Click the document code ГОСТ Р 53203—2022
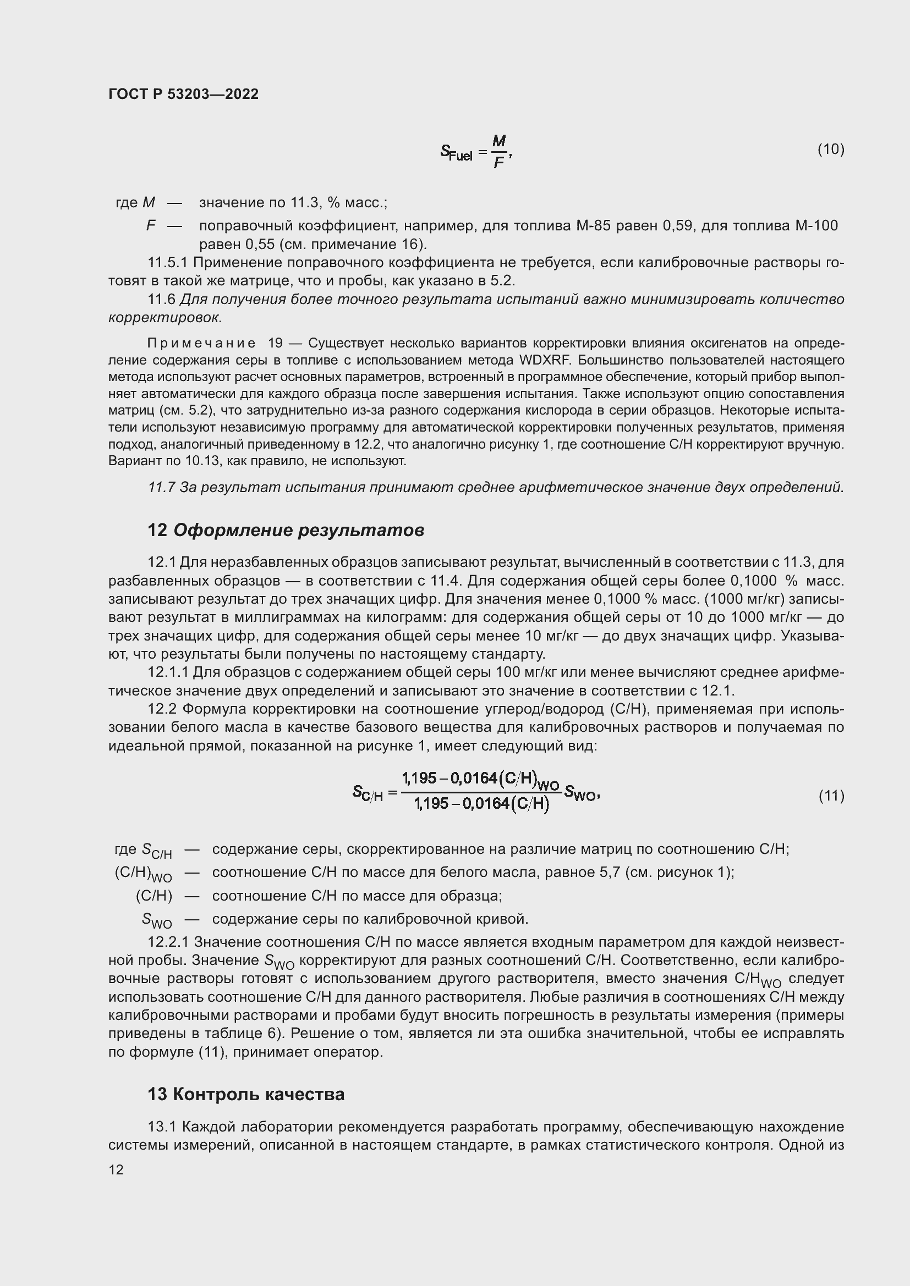click(183, 94)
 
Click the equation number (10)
click(830, 149)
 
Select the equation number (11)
click(831, 796)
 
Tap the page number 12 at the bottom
click(116, 1169)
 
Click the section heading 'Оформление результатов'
click(299, 530)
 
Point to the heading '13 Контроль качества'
click(246, 1094)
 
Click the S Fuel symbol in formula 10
click(456, 152)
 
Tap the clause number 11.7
click(161, 487)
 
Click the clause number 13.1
click(162, 1127)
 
